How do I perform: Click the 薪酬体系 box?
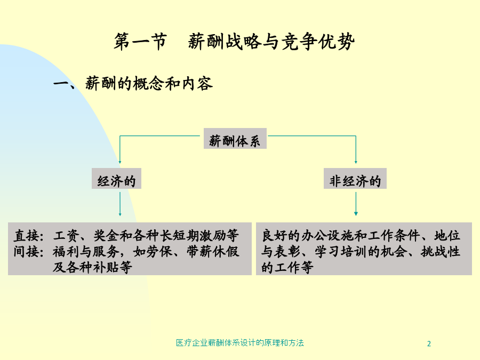[235, 138]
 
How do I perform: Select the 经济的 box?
[116, 179]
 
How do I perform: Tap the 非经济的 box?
[355, 179]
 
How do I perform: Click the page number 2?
[429, 344]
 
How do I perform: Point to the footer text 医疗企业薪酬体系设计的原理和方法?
[239, 343]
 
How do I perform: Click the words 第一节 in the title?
[140, 41]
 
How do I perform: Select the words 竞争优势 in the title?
[318, 41]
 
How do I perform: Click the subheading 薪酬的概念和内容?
[149, 83]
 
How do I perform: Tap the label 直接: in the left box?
[29, 236]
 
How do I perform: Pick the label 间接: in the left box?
[29, 252]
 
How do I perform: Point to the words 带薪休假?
[213, 252]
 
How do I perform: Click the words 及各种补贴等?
[92, 267]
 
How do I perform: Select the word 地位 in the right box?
[447, 236]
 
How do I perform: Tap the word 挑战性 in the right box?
[440, 252]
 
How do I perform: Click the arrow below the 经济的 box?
[120, 204]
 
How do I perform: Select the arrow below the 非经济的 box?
[356, 204]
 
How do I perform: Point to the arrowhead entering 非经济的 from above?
[356, 162]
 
